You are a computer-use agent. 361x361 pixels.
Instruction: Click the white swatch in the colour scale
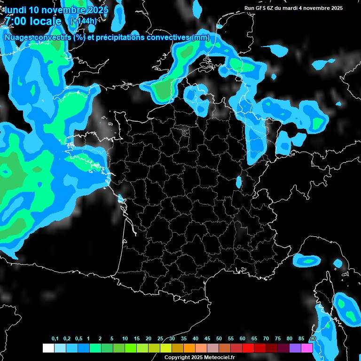point(48,348)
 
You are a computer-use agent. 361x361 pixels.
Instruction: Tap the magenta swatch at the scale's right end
point(307,348)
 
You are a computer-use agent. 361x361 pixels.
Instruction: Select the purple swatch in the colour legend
point(295,348)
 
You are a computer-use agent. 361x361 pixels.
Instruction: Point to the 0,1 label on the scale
point(55,339)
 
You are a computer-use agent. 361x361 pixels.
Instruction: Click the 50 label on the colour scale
point(219,339)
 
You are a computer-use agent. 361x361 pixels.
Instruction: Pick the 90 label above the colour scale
point(313,339)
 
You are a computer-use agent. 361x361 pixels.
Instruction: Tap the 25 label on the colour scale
point(160,339)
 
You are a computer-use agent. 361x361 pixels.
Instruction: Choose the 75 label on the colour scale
point(277,339)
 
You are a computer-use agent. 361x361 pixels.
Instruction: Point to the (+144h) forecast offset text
point(83,21)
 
